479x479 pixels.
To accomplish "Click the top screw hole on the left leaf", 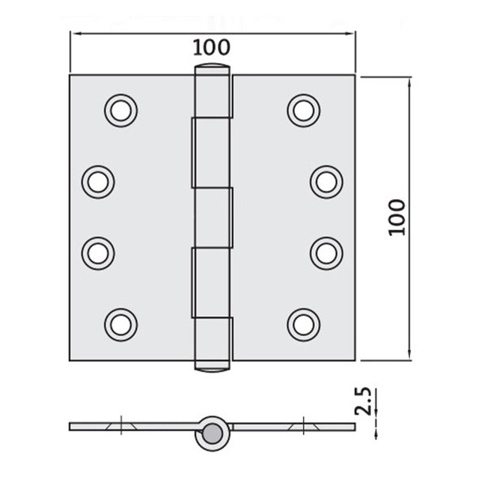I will (120, 110).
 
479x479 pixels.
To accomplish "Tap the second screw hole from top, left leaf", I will (98, 181).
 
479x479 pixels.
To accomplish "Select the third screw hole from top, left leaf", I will (98, 252).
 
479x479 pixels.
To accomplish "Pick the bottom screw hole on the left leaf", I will (120, 323).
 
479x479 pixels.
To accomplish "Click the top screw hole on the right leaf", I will (303, 110).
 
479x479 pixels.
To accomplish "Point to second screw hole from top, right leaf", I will (326, 181).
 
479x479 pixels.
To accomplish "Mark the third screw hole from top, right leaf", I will (326, 252).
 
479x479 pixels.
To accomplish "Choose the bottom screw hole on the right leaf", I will (303, 323).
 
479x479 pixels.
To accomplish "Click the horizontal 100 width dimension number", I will (211, 47).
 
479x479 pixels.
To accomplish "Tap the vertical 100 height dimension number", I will (397, 217).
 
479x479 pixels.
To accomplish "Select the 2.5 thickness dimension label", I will (364, 401).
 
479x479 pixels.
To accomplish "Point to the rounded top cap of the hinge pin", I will (213, 70).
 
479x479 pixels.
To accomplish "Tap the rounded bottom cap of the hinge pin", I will (213, 366).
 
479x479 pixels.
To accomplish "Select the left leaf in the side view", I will (131, 427).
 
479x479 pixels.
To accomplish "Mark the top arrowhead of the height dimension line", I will (409, 79).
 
